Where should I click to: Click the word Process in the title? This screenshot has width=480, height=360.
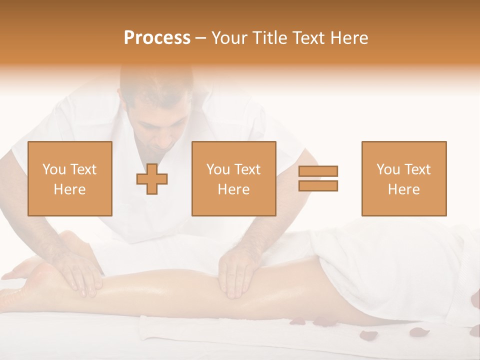click(x=157, y=38)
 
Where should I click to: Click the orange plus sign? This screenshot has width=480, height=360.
click(x=152, y=179)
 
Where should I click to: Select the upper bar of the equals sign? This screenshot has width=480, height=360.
click(x=318, y=171)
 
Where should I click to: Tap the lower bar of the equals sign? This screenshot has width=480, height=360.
click(x=318, y=185)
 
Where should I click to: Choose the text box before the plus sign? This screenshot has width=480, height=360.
click(x=70, y=178)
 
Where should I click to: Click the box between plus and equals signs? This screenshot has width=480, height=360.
click(x=233, y=178)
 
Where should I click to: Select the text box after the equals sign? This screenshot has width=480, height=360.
click(x=403, y=178)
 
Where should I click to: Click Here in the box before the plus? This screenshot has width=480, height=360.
click(x=69, y=189)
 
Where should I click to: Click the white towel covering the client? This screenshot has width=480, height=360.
click(x=400, y=270)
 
